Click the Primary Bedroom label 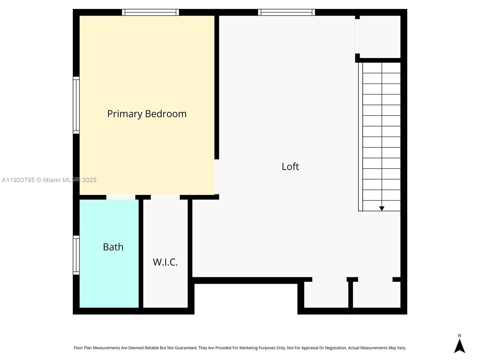147,114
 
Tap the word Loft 290,166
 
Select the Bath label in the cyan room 113,247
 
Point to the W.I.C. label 165,262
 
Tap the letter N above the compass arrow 459,336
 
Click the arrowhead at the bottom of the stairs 382,208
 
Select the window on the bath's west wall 76,255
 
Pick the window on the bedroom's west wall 76,105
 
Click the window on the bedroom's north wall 150,12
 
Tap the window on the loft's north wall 286,12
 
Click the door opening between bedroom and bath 121,197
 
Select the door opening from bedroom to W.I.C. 165,197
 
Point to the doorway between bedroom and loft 217,177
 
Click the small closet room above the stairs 380,37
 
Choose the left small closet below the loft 326,295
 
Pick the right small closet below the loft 376,295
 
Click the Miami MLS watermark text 49,180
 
